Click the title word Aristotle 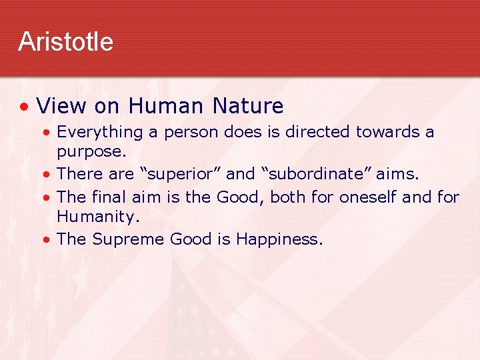coord(65,41)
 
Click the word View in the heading coord(63,106)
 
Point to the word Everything coord(100,132)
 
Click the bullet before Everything coord(48,133)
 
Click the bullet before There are coord(48,175)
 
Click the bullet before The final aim coord(48,197)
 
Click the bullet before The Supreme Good coord(48,239)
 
